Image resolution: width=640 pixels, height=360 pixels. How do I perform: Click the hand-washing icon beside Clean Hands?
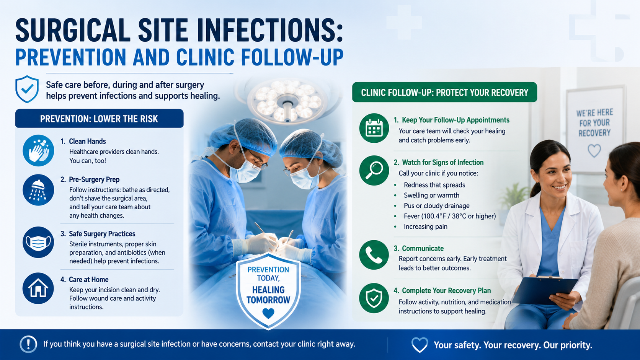38,150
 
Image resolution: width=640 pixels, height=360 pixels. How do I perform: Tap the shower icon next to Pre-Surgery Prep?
38,190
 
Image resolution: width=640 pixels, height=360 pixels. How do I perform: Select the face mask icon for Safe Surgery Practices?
38,243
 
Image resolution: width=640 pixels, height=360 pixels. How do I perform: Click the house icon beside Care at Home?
38,288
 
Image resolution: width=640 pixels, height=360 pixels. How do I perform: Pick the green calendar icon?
374,128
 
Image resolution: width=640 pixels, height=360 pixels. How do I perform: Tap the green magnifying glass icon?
374,171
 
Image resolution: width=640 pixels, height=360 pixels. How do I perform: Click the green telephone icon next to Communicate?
374,255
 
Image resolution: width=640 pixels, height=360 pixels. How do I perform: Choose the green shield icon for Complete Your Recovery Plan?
374,298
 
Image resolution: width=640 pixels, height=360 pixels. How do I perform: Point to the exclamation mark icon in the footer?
28,344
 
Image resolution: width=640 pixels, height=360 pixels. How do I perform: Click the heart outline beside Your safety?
420,345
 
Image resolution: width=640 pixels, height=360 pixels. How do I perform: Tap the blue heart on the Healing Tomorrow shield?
268,313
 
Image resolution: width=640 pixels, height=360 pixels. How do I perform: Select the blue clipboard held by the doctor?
544,290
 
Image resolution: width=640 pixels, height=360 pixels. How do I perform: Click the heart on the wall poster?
594,151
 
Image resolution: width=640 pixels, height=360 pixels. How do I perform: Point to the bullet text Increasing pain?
425,227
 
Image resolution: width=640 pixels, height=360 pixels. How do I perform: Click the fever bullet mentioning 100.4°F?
450,217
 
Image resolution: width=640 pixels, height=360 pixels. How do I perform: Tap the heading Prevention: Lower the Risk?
99,119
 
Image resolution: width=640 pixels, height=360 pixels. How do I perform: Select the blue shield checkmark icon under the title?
27,89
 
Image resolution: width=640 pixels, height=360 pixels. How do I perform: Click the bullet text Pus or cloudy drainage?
437,206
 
